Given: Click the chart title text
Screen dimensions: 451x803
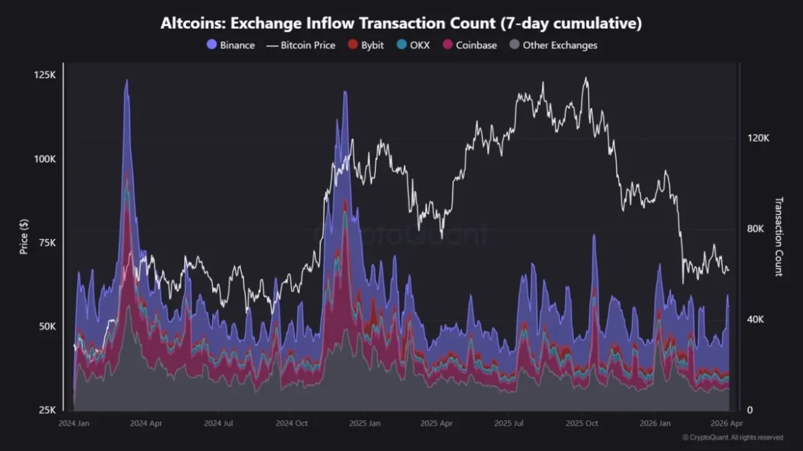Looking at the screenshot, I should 401,23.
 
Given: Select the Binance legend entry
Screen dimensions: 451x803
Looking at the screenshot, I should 231,45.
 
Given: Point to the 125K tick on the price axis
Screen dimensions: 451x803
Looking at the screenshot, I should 45,75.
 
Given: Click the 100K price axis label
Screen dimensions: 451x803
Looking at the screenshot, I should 45,158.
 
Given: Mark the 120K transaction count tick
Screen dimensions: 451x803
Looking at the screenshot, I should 758,138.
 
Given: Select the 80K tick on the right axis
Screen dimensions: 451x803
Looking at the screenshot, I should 757,229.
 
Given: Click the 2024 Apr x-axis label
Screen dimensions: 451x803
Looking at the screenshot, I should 146,424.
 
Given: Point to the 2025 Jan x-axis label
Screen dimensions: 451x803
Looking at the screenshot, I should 365,424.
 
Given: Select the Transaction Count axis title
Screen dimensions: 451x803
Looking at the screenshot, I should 778,236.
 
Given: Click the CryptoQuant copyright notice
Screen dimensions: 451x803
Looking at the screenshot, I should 732,437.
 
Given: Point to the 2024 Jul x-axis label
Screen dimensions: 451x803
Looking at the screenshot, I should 219,424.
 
